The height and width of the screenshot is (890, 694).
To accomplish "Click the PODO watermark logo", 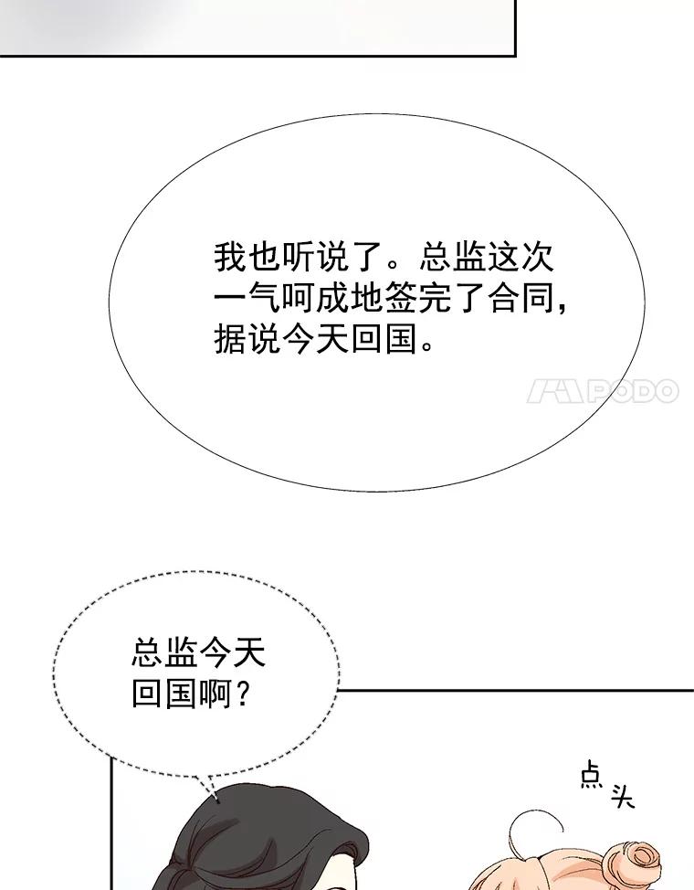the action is click(x=603, y=391).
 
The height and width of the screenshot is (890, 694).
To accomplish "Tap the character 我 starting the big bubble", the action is click(x=231, y=257).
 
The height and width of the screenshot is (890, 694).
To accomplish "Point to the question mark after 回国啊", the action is click(x=242, y=694).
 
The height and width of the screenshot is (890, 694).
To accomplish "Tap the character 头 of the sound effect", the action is click(x=622, y=796).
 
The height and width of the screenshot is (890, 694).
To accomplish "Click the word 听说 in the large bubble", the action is click(x=315, y=257).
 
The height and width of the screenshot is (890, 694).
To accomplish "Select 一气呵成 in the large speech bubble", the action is click(x=281, y=297).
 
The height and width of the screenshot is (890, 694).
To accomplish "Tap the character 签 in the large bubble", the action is click(x=402, y=297).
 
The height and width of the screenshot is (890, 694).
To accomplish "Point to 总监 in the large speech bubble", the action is click(x=452, y=257).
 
